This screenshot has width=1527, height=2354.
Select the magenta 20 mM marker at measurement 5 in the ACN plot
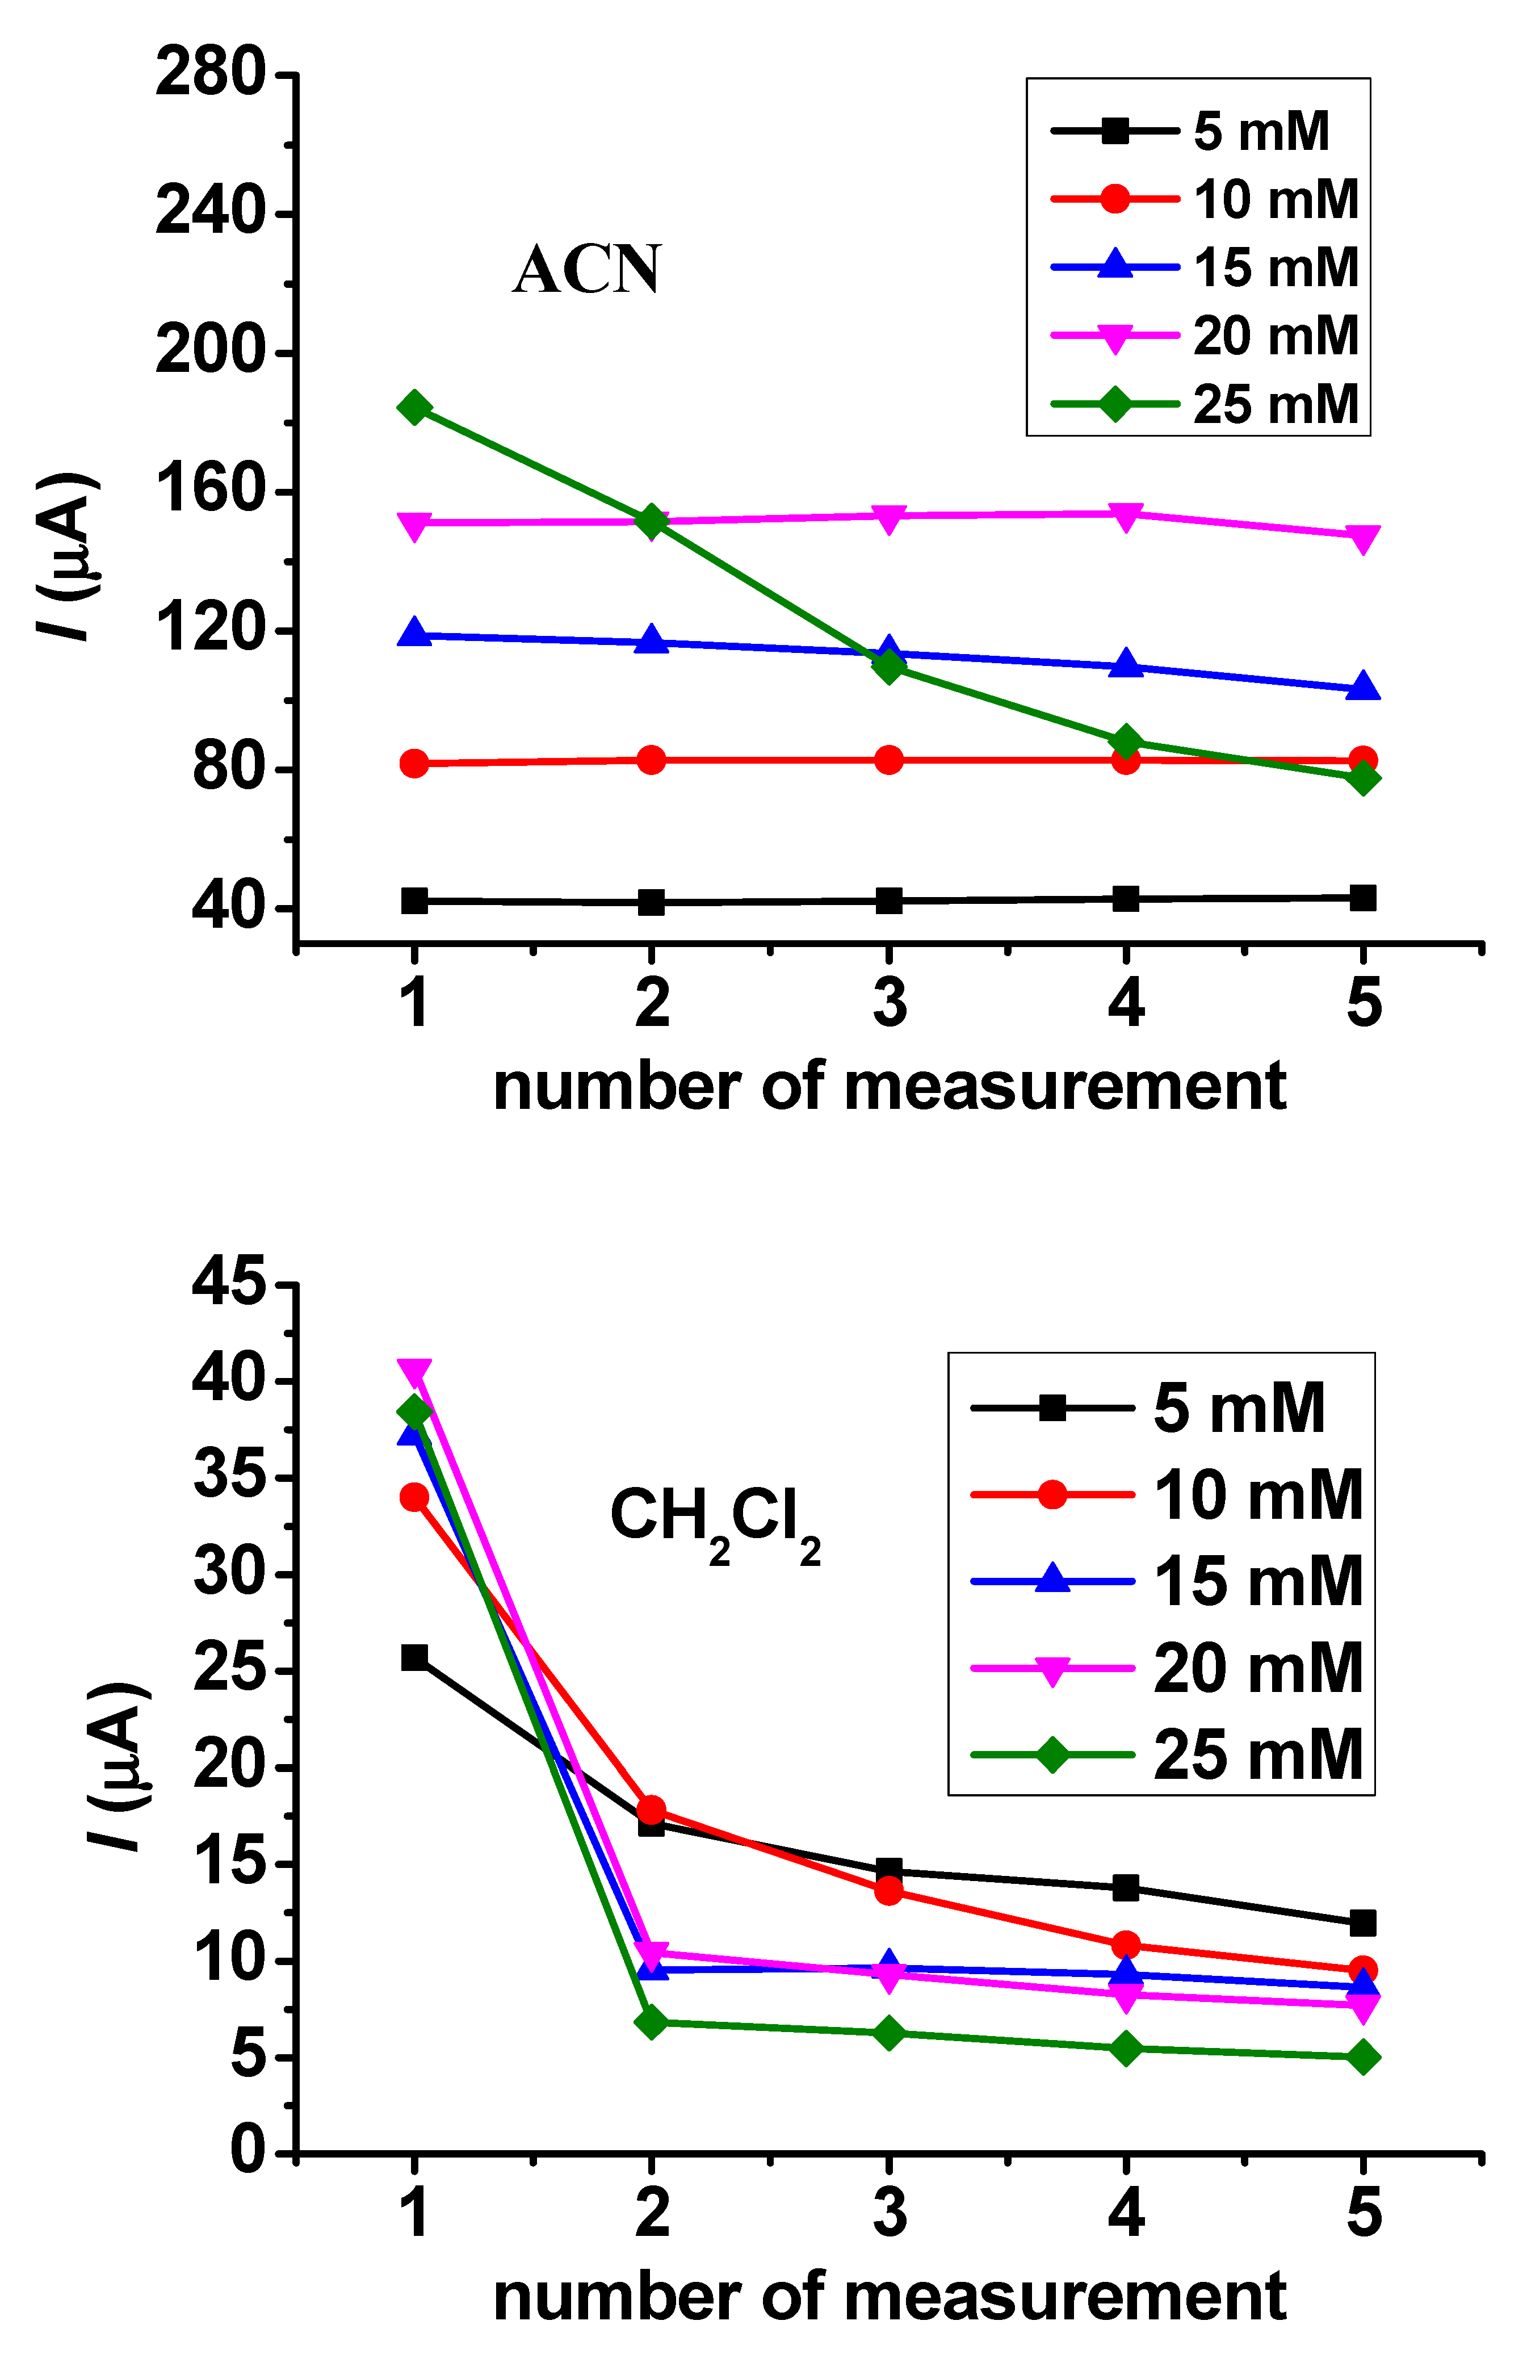pyautogui.click(x=1363, y=538)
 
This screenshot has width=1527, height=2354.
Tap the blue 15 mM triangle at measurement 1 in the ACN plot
pyautogui.click(x=414, y=633)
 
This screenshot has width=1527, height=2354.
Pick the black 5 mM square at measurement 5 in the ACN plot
pyautogui.click(x=1363, y=898)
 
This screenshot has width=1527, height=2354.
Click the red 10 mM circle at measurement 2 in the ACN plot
pyautogui.click(x=651, y=760)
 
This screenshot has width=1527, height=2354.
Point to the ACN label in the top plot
pyautogui.click(x=586, y=270)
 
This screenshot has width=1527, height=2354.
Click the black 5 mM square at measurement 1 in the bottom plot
pyautogui.click(x=414, y=1658)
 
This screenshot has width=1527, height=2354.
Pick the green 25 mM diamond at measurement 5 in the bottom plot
pyautogui.click(x=1363, y=2057)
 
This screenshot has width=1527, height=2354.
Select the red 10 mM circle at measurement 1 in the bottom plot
pyautogui.click(x=414, y=1497)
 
